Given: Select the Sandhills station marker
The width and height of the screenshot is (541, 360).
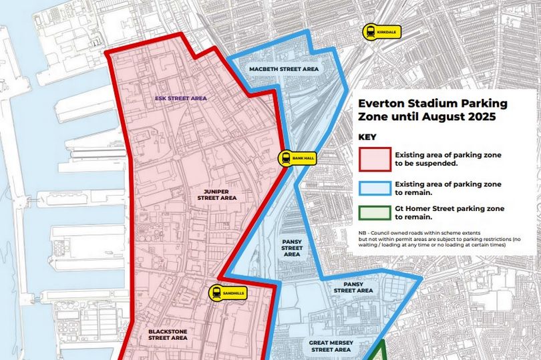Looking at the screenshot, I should point(224,292).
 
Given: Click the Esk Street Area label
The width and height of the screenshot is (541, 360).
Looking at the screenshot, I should point(180,98).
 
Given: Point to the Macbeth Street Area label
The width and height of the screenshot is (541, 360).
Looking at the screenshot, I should point(284,69).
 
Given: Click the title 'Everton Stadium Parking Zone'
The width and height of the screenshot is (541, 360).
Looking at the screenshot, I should point(432,104).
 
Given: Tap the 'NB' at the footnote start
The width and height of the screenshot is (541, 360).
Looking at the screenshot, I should point(363,232).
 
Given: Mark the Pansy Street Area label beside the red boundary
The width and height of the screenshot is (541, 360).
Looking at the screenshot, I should point(292,248).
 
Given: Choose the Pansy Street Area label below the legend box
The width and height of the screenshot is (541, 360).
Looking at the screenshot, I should point(353,287).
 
